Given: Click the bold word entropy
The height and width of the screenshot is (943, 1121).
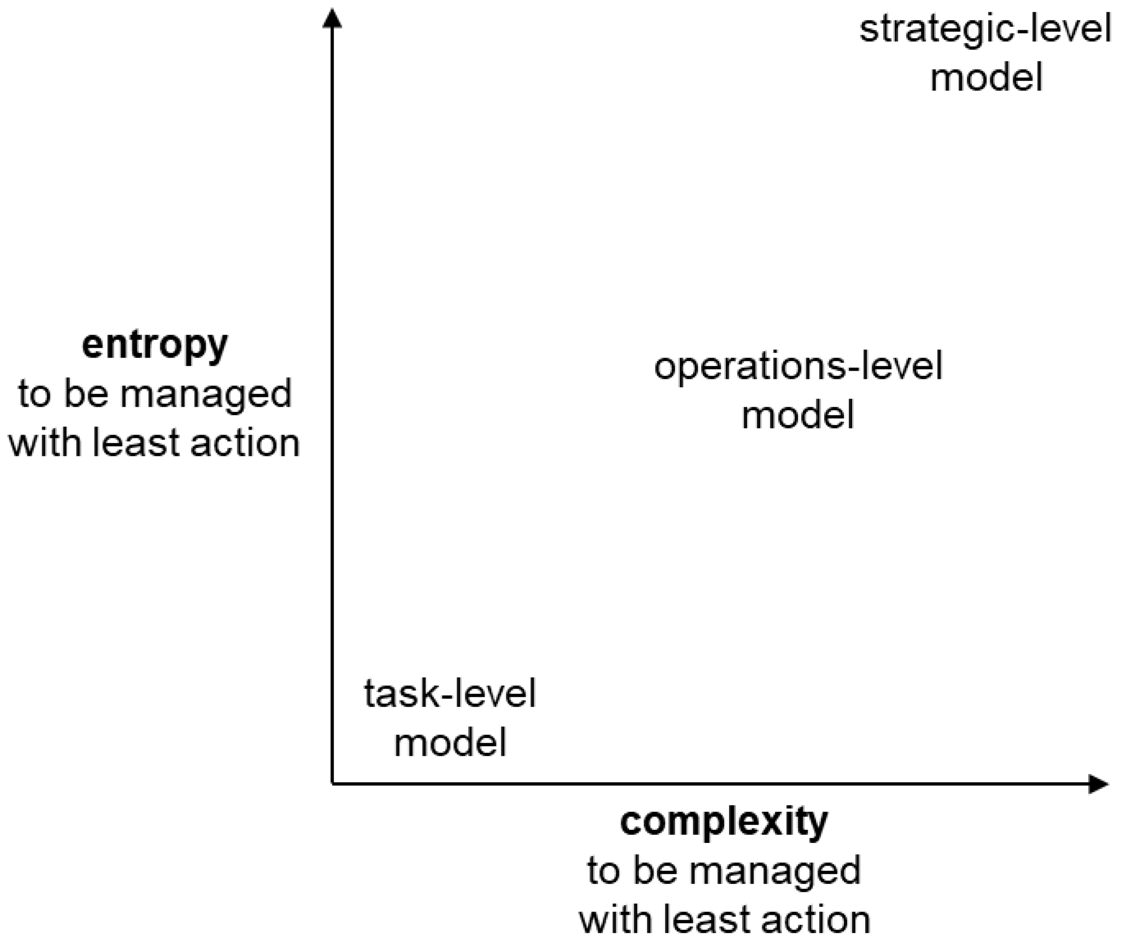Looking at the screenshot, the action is click(155, 346).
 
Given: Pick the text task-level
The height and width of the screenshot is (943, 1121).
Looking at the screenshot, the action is click(450, 694).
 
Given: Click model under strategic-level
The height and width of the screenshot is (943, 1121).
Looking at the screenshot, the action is click(987, 77).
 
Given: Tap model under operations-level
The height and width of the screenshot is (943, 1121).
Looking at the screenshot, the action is click(798, 415).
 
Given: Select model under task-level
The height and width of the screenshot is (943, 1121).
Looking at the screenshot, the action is click(450, 743).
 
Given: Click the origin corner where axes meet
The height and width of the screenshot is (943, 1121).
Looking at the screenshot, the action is click(333, 784).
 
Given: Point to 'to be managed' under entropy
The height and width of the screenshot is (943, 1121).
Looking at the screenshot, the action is click(155, 394).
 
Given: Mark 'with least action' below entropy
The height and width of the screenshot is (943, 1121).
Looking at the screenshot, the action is click(155, 443).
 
